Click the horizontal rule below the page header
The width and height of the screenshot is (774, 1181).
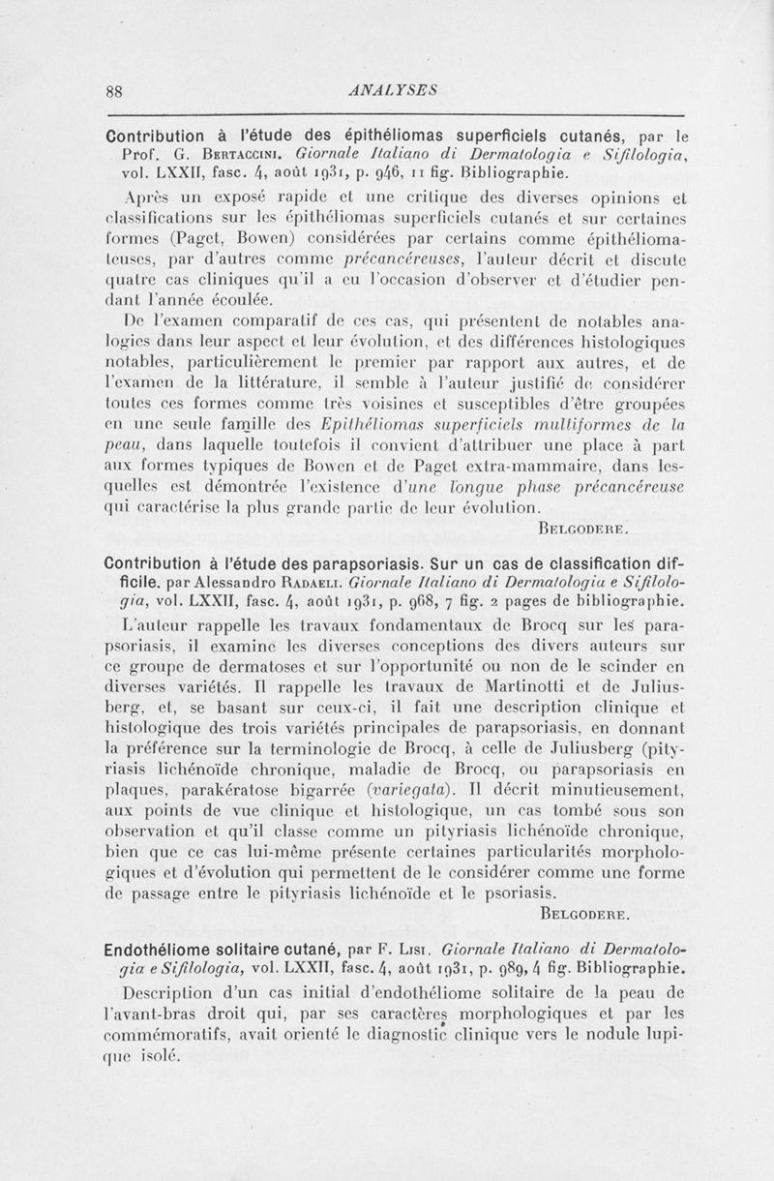tap(387, 113)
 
